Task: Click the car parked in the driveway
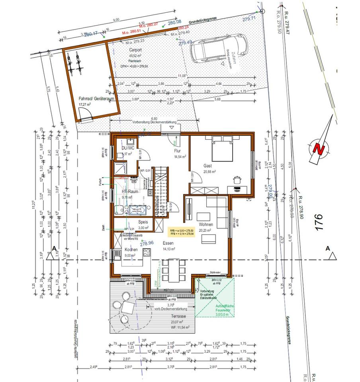(x=219, y=48)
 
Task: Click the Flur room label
(x=178, y=152)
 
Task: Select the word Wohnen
(x=206, y=224)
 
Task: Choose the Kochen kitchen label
(x=131, y=249)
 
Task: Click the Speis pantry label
(x=143, y=222)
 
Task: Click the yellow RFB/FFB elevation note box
(x=182, y=232)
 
